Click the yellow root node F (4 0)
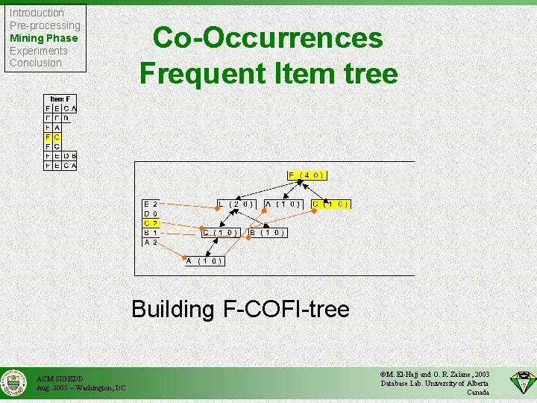pyautogui.click(x=307, y=175)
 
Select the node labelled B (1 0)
pyautogui.click(x=267, y=232)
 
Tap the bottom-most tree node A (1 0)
pyautogui.click(x=204, y=260)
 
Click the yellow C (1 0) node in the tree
pyautogui.click(x=331, y=204)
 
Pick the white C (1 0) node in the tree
pyautogui.click(x=220, y=232)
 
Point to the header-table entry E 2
pyautogui.click(x=151, y=204)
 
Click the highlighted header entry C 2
pyautogui.click(x=151, y=222)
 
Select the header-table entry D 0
pyautogui.click(x=151, y=213)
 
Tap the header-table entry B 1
pyautogui.click(x=151, y=232)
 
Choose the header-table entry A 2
pyautogui.click(x=151, y=242)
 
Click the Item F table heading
pyautogui.click(x=60, y=99)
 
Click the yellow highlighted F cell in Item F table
pyautogui.click(x=48, y=137)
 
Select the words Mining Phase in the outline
pyautogui.click(x=43, y=38)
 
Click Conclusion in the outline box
pyautogui.click(x=35, y=63)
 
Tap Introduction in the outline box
pyautogui.click(x=37, y=13)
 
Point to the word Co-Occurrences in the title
pyautogui.click(x=268, y=38)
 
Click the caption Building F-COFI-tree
pyautogui.click(x=240, y=309)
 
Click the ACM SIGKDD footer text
pyautogui.click(x=60, y=378)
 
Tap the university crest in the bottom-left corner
pyautogui.click(x=14, y=384)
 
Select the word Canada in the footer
pyautogui.click(x=477, y=393)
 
